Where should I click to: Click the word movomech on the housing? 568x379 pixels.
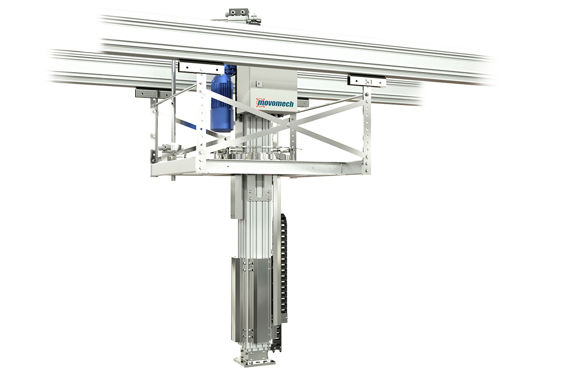click(x=276, y=103)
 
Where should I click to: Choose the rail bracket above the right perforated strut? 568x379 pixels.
click(x=367, y=81)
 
